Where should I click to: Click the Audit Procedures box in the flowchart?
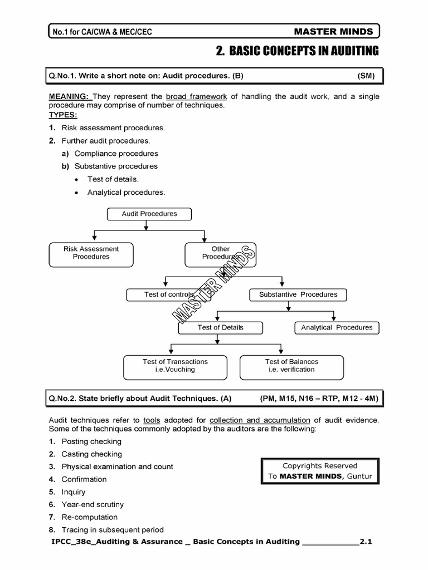tap(149, 214)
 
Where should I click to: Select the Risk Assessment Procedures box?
tap(91, 253)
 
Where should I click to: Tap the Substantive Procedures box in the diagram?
tap(298, 294)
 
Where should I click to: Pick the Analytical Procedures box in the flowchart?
tap(337, 328)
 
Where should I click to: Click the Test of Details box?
tap(220, 328)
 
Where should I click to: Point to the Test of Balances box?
tap(291, 366)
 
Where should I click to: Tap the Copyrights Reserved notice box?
tap(320, 471)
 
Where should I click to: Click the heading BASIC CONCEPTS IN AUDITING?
tap(296, 51)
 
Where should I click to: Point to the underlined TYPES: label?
tap(63, 115)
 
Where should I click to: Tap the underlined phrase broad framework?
tap(196, 96)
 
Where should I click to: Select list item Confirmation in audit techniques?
tap(84, 479)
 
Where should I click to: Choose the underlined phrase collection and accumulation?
tap(260, 420)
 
